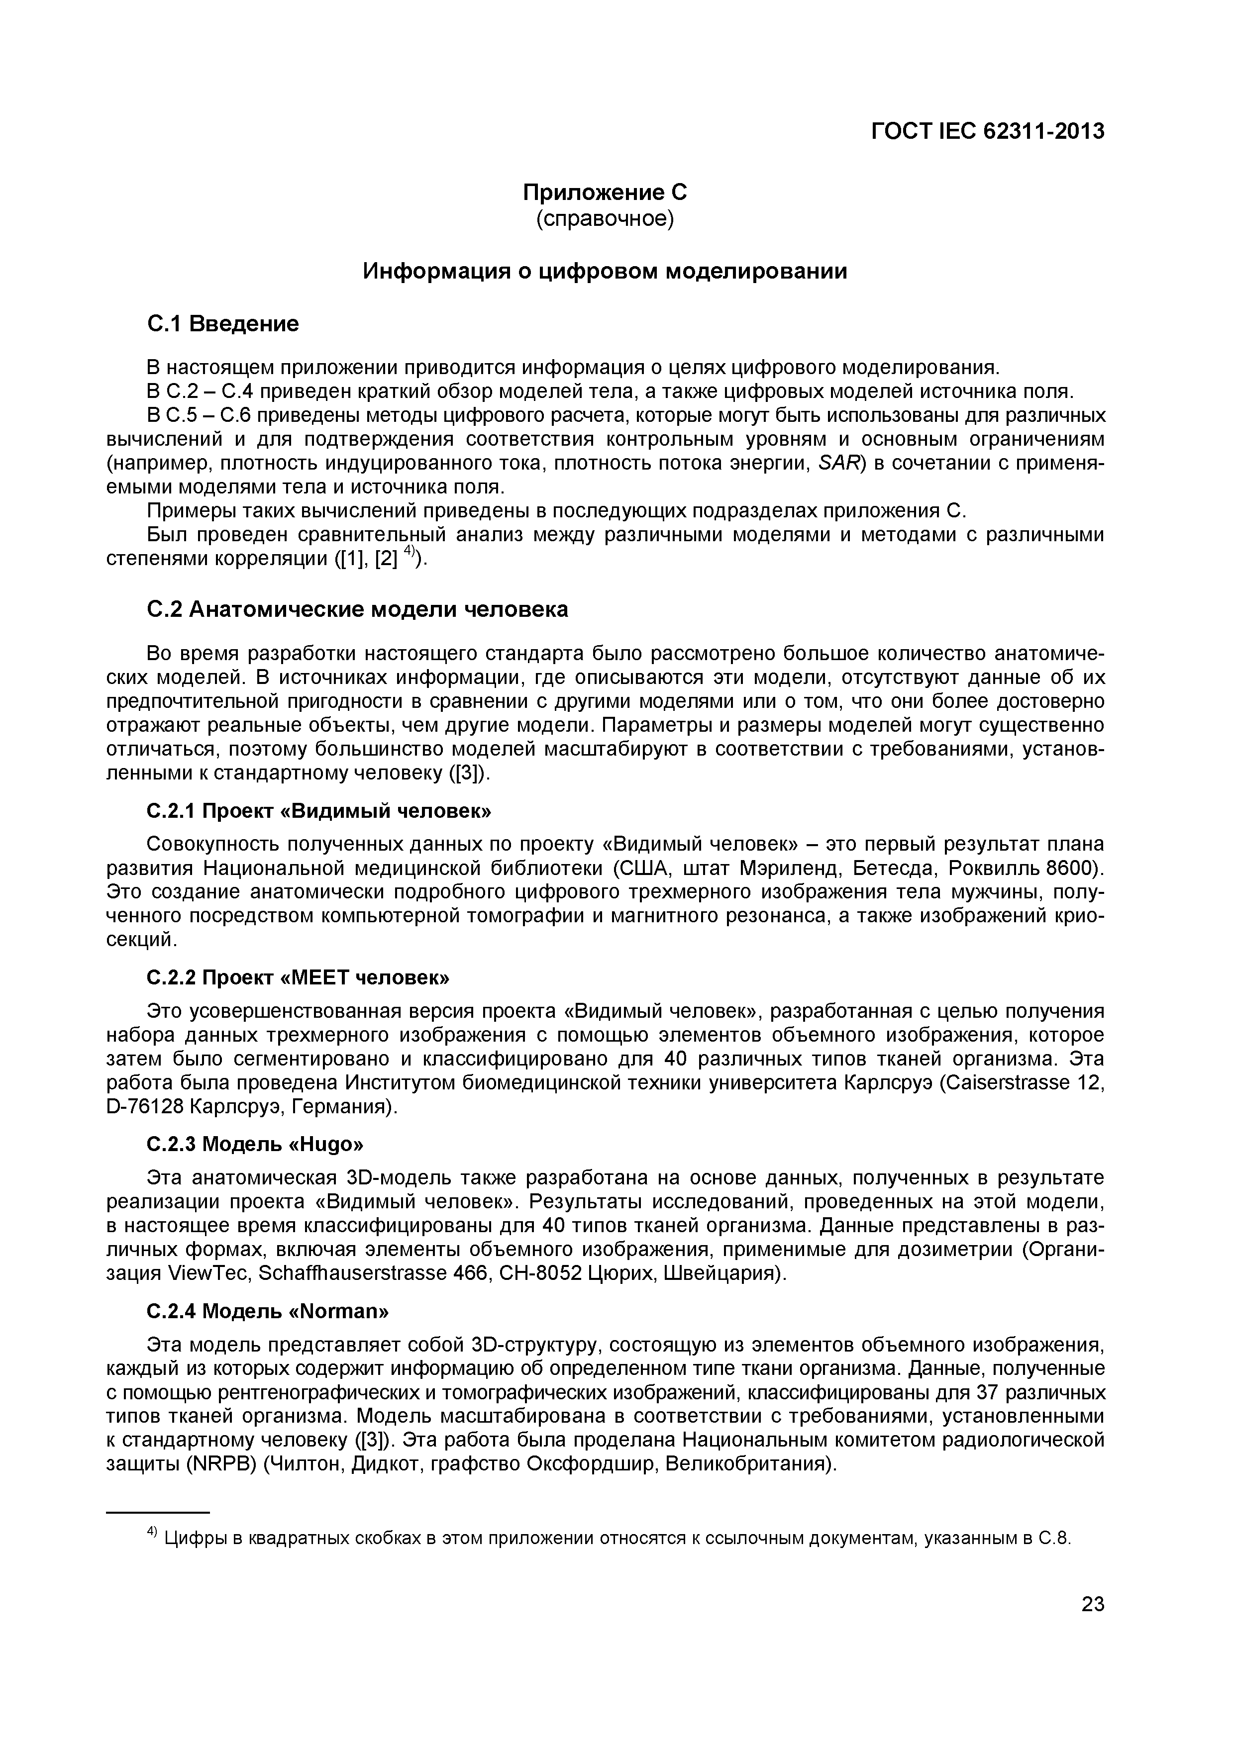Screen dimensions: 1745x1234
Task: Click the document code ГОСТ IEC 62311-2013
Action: (x=987, y=131)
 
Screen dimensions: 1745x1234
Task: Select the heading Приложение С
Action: (x=605, y=193)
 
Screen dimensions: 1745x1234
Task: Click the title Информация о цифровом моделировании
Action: (x=605, y=271)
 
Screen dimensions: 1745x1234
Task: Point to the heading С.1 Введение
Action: (x=222, y=324)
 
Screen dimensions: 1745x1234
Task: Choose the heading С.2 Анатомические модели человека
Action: (x=357, y=609)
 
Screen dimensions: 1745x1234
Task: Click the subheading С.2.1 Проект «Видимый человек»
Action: (x=318, y=811)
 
